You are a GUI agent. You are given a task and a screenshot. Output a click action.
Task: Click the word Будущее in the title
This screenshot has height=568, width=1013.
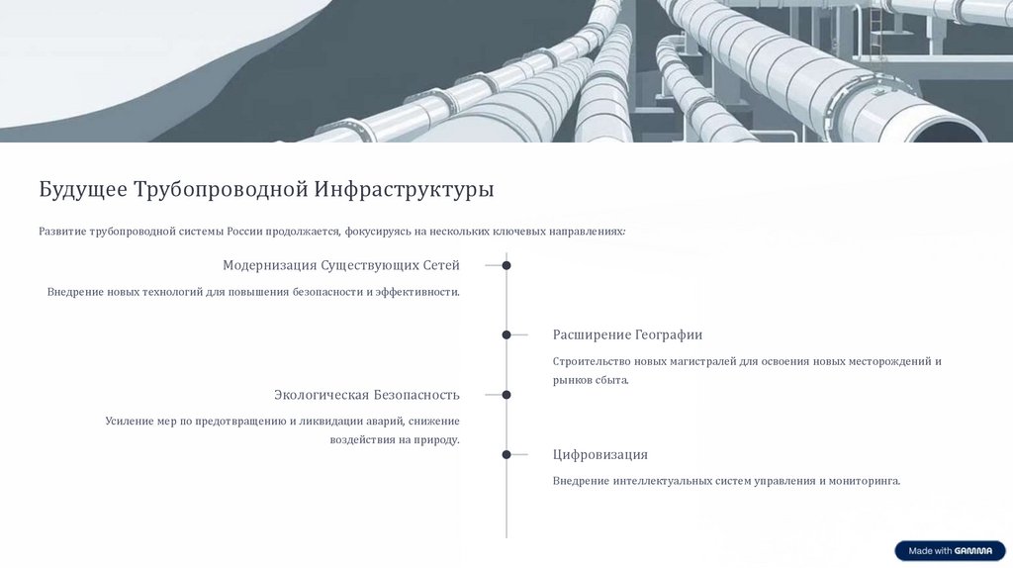[83, 189]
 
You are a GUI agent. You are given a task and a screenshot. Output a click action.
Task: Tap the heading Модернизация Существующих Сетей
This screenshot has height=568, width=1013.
[341, 265]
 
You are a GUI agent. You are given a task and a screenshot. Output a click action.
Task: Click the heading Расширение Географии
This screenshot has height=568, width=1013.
[627, 334]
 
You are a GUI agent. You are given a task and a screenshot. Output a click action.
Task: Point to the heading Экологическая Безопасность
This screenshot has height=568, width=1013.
[367, 395]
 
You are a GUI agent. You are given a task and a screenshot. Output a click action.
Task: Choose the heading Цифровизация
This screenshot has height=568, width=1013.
[600, 454]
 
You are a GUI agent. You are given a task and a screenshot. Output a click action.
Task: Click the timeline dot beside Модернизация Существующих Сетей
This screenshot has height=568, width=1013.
[506, 265]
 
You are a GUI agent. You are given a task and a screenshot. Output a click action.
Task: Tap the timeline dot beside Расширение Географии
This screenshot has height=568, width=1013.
[506, 334]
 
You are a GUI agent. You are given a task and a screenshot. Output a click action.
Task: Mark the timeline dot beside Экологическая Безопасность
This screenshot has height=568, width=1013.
[506, 394]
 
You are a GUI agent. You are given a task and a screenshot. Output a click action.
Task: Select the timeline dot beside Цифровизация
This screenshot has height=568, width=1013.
[506, 454]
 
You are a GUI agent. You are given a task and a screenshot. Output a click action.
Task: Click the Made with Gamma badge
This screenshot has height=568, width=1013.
[950, 550]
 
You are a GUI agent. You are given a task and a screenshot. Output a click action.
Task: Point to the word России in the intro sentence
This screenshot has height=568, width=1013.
[245, 232]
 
